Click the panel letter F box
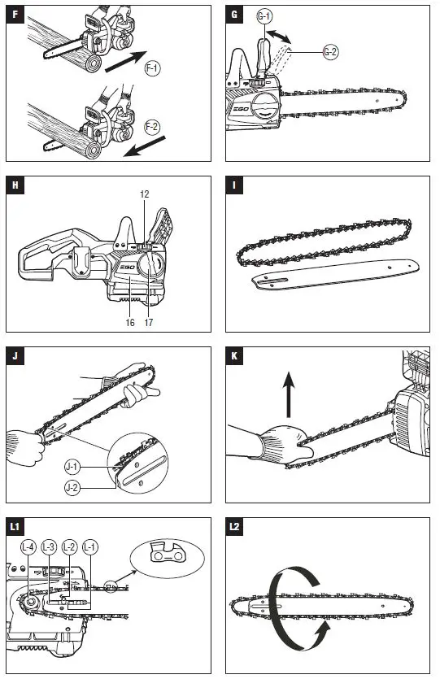15,15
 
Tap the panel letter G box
235,15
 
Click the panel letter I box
235,185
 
